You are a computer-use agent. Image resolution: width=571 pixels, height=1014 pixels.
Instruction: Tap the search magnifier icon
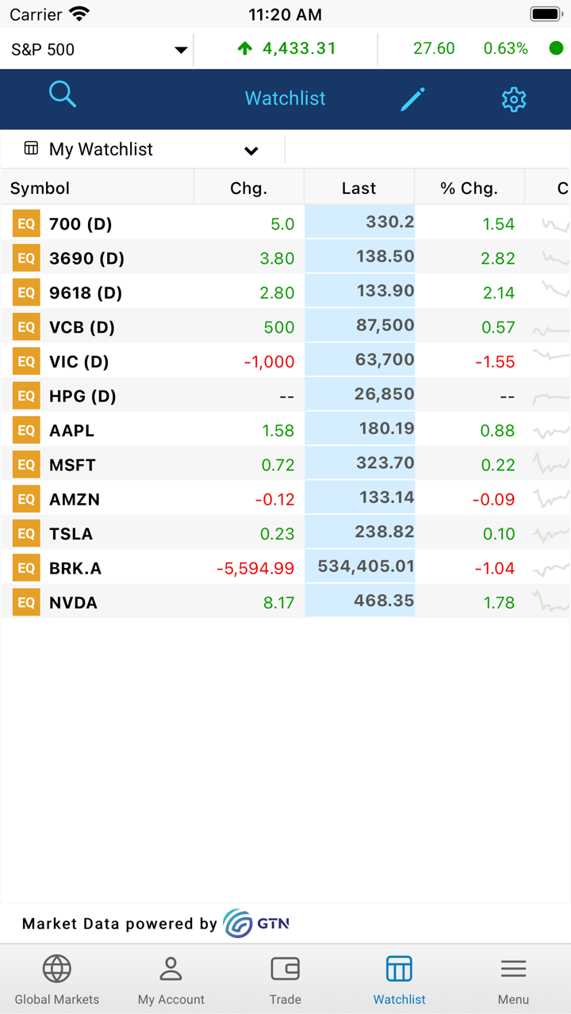62,94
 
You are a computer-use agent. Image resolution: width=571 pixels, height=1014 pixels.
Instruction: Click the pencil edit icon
412,99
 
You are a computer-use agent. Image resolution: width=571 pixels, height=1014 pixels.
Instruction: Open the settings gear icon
514,99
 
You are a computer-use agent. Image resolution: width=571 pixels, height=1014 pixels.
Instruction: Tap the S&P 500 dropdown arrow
181,50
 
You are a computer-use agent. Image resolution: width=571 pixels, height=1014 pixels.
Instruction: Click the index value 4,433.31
299,48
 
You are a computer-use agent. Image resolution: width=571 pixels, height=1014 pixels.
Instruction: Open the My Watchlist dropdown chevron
251,151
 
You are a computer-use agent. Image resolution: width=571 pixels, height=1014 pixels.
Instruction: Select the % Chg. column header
469,189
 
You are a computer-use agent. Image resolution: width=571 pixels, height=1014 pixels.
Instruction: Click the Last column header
358,189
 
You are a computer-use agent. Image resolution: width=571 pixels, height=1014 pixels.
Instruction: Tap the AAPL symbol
71,431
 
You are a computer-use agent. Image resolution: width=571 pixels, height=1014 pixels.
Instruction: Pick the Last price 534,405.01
366,566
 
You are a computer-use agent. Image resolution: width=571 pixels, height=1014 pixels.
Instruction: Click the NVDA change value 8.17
278,603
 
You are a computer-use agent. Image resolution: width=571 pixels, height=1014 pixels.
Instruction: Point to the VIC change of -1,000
269,362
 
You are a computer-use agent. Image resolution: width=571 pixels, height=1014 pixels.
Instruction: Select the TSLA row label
71,534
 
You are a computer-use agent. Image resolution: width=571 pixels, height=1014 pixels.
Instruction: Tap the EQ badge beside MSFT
26,465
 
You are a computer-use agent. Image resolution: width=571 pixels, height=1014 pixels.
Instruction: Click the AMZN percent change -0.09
493,500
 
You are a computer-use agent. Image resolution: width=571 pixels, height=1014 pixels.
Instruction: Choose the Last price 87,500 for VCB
385,326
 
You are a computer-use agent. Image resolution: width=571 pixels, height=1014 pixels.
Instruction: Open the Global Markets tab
57,979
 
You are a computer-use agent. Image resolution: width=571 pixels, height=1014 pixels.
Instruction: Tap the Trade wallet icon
285,969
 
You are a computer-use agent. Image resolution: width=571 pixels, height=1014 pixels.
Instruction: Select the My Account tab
171,979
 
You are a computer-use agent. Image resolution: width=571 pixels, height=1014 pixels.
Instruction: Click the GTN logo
256,924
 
